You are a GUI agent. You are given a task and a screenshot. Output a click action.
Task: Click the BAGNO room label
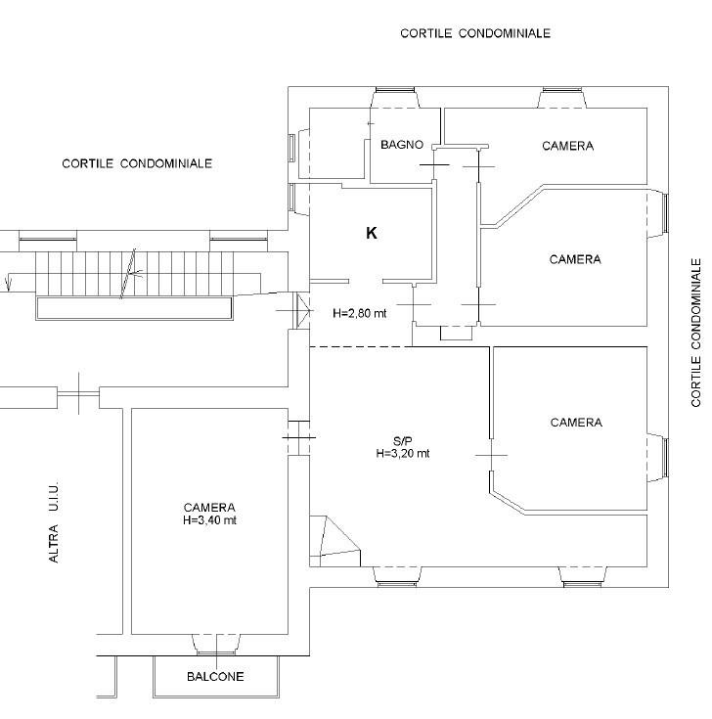click(402, 145)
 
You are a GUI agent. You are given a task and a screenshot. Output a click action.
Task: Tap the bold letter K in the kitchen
click(372, 234)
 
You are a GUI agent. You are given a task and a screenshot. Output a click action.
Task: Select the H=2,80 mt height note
click(360, 313)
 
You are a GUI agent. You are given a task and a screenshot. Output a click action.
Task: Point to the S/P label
click(403, 441)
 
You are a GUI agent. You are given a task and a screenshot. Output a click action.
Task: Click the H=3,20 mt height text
click(403, 454)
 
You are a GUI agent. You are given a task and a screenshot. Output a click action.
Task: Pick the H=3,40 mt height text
click(209, 520)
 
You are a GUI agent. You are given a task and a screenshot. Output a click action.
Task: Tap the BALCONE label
click(215, 676)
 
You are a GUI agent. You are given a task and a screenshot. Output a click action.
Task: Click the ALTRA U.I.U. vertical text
click(54, 521)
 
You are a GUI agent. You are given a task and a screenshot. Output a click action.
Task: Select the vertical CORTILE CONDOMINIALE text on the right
click(696, 333)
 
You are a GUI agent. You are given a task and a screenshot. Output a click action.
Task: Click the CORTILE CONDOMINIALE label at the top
click(475, 33)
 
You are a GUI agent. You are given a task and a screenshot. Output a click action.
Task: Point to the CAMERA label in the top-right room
click(567, 146)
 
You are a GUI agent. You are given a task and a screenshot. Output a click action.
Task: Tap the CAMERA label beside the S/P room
click(576, 423)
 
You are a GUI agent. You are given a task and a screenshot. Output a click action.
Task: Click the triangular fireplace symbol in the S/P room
click(334, 541)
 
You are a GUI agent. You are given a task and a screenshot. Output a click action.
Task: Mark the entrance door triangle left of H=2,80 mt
click(303, 311)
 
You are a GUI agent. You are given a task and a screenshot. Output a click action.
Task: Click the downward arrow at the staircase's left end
click(8, 283)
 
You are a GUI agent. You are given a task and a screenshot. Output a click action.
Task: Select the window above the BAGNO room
click(395, 90)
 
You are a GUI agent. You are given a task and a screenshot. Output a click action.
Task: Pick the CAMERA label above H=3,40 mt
click(209, 508)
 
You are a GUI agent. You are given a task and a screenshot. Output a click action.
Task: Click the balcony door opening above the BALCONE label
click(216, 644)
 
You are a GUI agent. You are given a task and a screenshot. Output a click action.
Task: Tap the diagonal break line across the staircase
click(128, 273)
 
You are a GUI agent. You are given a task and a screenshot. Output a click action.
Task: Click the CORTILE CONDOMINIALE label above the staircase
click(137, 163)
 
